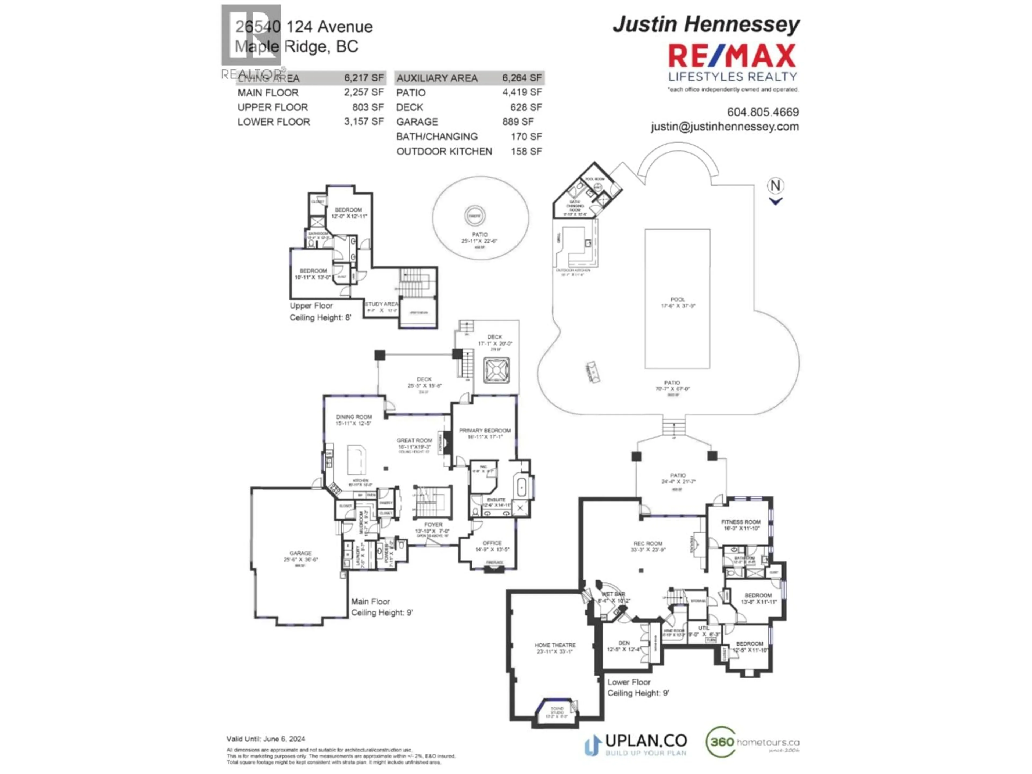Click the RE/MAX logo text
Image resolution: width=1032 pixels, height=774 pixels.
point(732,56)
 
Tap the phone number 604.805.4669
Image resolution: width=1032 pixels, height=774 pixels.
point(763,112)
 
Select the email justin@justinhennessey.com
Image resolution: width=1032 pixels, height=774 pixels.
point(725,126)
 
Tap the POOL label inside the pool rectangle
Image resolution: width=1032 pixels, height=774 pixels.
point(678,300)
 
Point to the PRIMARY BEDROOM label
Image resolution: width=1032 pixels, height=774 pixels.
point(485,431)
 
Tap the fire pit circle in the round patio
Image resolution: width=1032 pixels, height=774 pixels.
point(475,216)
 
